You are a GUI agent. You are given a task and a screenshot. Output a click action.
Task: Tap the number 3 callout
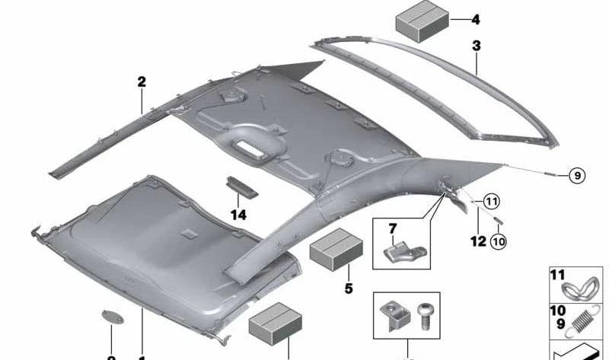tap(476, 46)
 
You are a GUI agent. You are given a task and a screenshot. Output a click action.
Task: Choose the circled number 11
tap(491, 202)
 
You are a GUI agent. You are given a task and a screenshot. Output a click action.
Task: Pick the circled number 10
tap(498, 242)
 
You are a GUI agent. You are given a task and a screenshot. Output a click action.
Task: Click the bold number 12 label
tap(477, 241)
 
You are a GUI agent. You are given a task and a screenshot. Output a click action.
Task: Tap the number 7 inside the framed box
tap(393, 229)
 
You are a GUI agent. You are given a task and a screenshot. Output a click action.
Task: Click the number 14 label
tap(239, 215)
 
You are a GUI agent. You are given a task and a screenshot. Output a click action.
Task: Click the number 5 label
tap(349, 288)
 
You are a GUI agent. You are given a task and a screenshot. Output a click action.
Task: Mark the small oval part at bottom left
tap(112, 317)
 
